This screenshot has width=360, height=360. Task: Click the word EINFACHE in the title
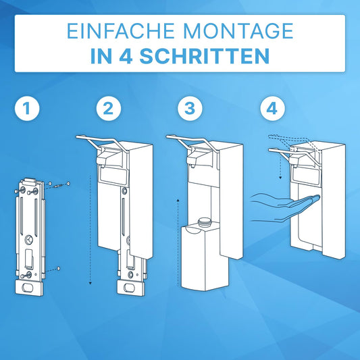115,32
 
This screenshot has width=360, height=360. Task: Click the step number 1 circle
28,109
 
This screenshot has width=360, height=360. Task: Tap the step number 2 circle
107,109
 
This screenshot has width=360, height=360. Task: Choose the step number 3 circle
188,109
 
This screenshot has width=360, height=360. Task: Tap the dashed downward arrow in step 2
90,230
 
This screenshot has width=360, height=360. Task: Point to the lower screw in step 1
59,269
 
